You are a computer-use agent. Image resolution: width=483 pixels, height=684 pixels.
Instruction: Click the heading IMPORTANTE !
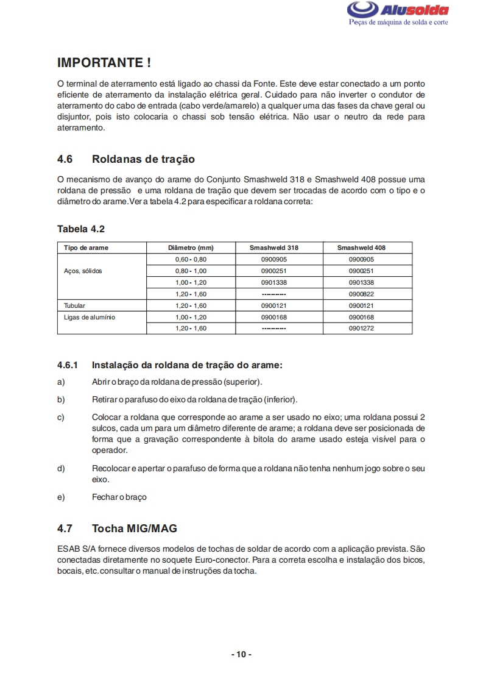point(104,62)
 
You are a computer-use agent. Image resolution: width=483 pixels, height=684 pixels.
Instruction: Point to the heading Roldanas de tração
point(143,159)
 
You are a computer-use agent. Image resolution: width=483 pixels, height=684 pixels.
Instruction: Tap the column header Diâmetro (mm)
point(191,248)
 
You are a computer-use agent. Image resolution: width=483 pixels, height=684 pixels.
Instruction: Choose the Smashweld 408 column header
point(361,248)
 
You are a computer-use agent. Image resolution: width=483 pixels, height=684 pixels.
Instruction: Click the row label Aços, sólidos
point(83,271)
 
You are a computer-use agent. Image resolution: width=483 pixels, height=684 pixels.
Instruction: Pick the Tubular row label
point(75,305)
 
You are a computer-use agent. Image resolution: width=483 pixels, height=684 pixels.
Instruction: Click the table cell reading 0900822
point(361,294)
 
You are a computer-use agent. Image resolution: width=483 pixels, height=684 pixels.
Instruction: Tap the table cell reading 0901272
point(361,329)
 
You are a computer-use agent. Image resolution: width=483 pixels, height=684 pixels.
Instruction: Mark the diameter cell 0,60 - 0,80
point(191,259)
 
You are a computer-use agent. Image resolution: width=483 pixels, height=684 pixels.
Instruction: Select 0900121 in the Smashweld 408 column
point(361,305)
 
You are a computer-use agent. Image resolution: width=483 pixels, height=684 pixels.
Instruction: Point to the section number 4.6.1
point(68,365)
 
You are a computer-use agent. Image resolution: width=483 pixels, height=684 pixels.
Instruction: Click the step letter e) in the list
point(61,497)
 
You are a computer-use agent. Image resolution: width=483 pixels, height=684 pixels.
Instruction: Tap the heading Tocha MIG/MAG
point(134,528)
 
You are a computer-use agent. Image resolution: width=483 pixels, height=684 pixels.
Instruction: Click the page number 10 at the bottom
point(241,654)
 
